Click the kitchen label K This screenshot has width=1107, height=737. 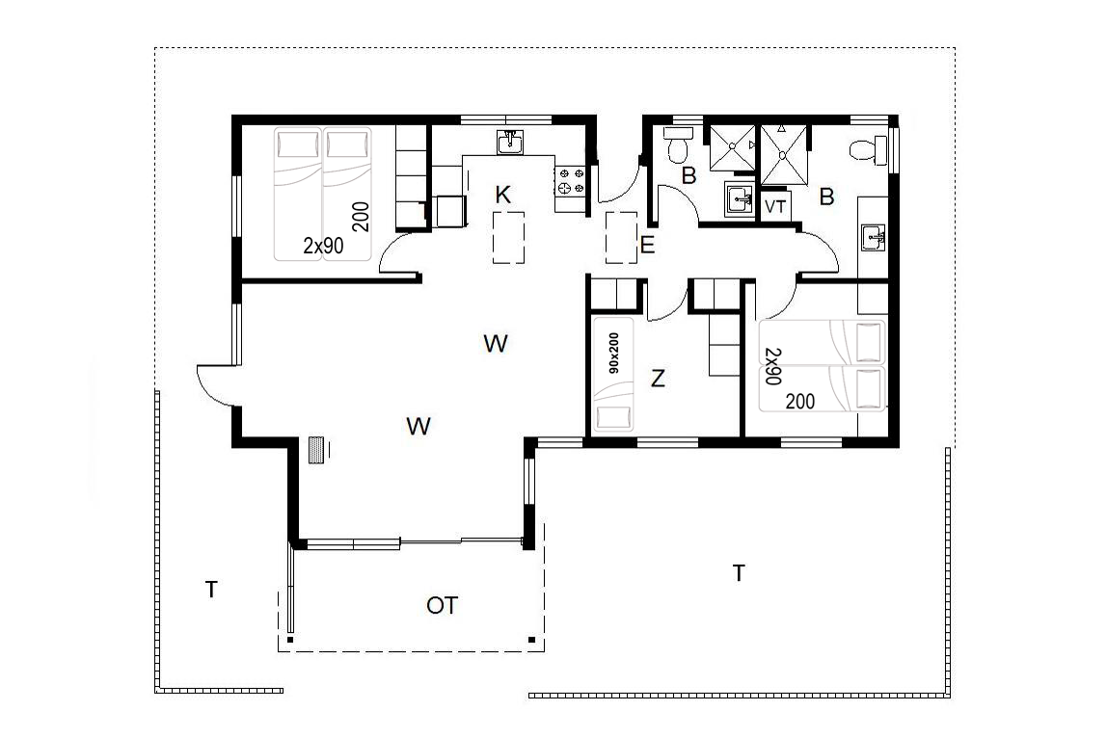point(502,195)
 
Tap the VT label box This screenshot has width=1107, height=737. point(775,206)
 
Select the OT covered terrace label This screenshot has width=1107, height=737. point(442,605)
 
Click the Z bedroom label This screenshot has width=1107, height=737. point(658,379)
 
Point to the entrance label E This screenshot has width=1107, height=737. point(647,246)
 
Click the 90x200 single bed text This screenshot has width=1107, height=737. point(613,353)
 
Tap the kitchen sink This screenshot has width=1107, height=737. point(510,144)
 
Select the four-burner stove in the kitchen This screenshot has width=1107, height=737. point(571,180)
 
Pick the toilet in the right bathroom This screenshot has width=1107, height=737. point(869,149)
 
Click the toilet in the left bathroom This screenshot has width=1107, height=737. point(679,144)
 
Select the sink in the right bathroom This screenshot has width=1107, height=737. point(874,238)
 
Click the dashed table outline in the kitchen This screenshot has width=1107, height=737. point(508,238)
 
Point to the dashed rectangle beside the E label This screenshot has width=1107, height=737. point(621,238)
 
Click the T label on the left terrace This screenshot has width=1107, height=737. point(211,589)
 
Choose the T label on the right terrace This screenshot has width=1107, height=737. point(739,573)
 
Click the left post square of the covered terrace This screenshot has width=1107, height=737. point(289,640)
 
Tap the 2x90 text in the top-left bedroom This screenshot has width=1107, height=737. point(323,246)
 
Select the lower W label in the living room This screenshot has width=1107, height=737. point(418,426)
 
